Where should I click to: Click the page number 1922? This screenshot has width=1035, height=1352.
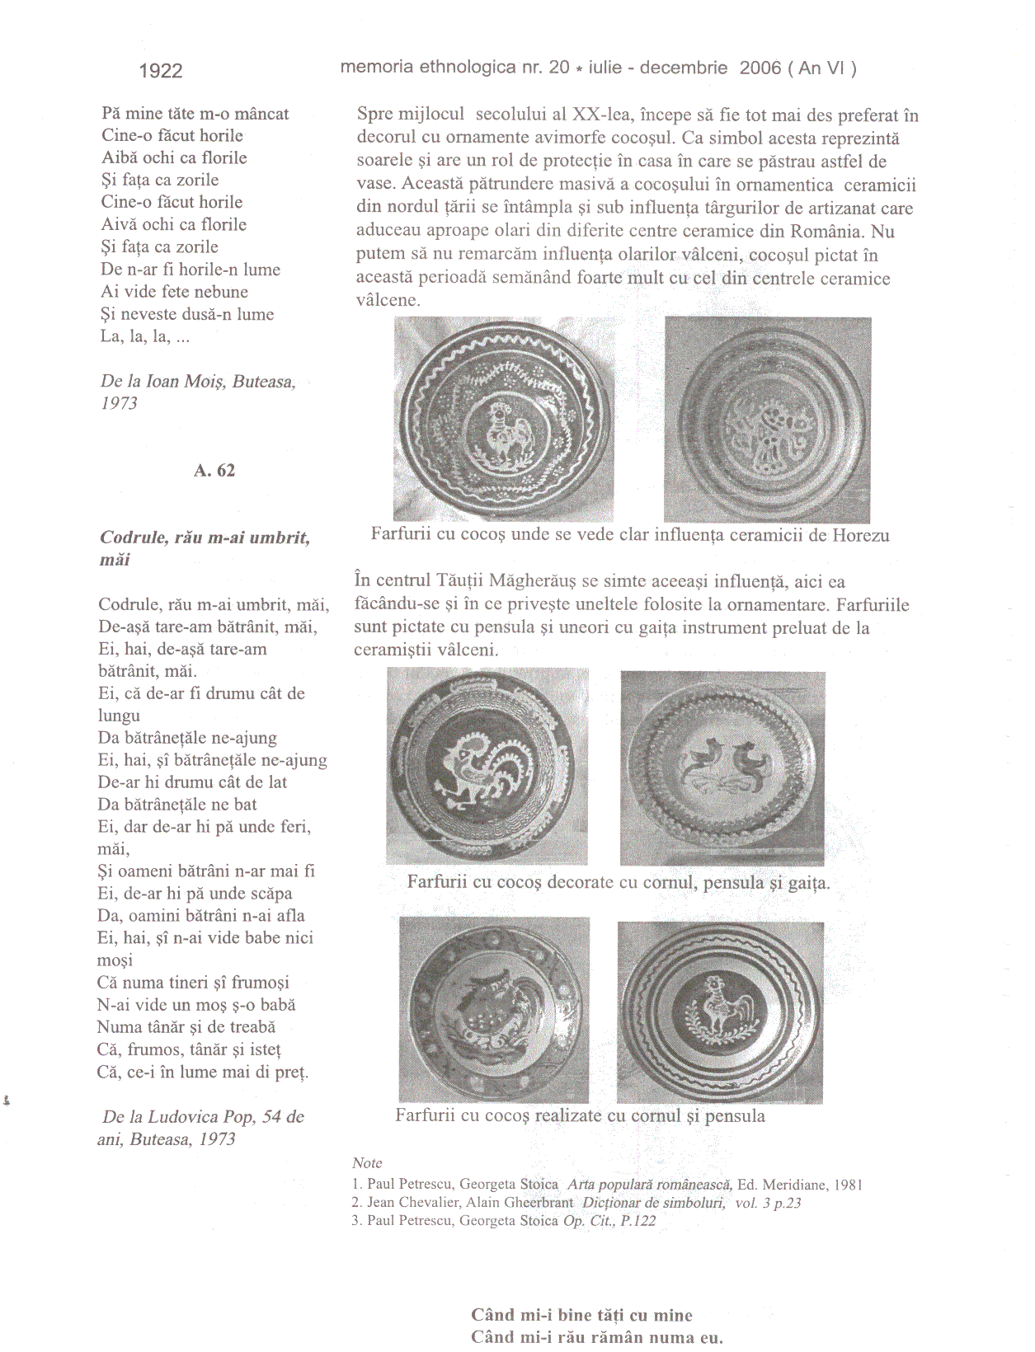(x=161, y=71)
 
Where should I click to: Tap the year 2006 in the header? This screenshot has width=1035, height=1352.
(x=760, y=67)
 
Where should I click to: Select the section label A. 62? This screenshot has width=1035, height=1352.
(x=214, y=470)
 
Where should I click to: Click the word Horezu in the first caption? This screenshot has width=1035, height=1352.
(x=861, y=535)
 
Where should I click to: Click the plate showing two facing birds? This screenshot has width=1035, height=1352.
(x=722, y=768)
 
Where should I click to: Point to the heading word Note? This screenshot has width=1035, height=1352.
(x=367, y=1162)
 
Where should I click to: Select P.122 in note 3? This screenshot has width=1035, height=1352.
(x=637, y=1220)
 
